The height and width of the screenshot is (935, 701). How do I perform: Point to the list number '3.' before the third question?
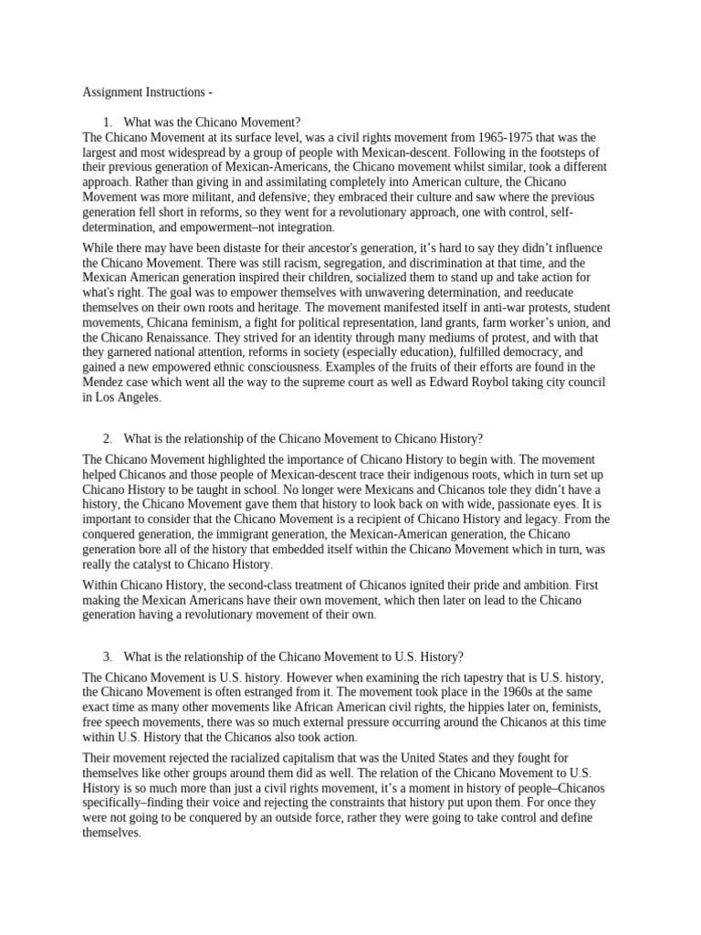pyautogui.click(x=107, y=657)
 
